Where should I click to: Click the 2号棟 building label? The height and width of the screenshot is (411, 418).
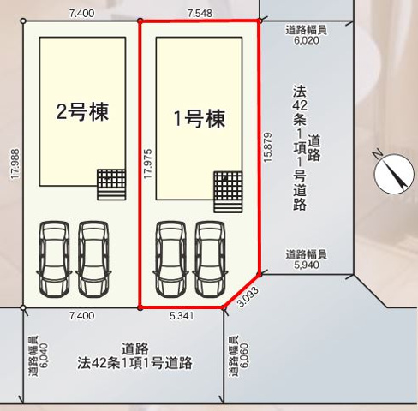82,112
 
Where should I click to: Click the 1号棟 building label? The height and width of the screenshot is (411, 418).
200,119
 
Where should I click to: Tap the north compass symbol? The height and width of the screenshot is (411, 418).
394,172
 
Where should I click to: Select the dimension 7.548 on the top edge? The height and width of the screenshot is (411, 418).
200,13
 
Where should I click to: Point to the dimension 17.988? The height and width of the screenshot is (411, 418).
15,164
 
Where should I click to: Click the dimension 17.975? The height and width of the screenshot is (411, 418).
148,164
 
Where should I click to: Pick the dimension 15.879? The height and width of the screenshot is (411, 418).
268,147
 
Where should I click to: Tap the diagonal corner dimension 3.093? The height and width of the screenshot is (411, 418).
248,296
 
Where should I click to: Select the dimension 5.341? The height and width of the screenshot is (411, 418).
182,316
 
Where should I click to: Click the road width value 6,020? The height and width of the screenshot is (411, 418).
307,40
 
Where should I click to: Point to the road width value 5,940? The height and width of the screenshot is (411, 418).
307,265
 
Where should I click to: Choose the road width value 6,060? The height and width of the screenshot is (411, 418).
245,355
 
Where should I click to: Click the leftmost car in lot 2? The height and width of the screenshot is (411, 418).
54,259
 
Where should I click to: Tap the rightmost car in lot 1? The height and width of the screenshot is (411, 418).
210,259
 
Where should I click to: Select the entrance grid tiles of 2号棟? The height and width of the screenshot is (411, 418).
111,184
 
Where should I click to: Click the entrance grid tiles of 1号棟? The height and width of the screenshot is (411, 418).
228,192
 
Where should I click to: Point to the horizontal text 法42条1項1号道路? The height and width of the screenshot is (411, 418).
134,363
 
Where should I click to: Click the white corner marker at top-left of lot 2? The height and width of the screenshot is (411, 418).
23,21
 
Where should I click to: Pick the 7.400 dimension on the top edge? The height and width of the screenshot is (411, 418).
81,13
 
